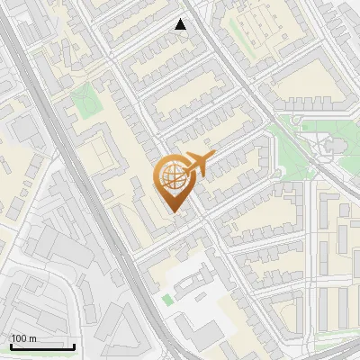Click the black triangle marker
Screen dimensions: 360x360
181,24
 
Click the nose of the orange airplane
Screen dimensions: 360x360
212,156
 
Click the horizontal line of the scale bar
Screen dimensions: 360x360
42,346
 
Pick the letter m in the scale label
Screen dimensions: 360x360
31,338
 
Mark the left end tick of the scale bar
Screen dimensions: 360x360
11,345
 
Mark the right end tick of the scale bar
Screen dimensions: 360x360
74,345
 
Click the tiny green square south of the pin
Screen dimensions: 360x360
166,299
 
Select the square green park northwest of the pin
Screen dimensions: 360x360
85,101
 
